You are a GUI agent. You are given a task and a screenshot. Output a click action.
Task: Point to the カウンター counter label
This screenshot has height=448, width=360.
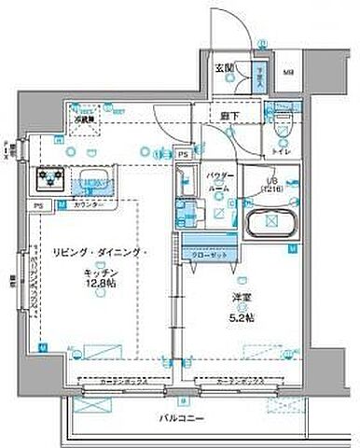coord(87,203)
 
